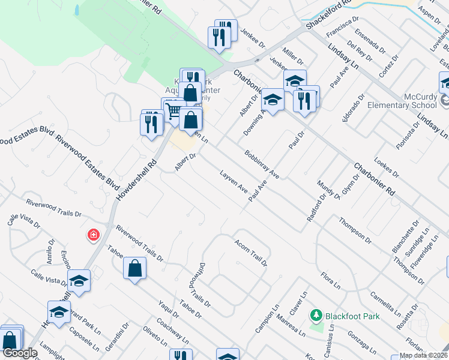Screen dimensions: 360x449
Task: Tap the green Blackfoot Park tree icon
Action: [316, 315]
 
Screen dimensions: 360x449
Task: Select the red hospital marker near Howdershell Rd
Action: [93, 235]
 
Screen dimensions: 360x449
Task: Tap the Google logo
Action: [20, 353]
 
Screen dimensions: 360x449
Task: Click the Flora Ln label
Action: [330, 278]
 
